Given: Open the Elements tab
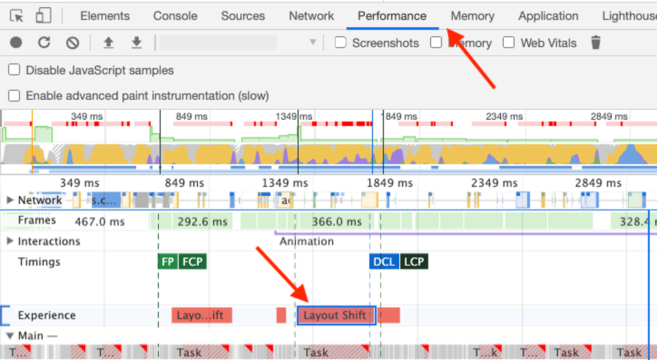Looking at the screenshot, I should click(105, 16).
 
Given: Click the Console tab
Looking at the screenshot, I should click(175, 16).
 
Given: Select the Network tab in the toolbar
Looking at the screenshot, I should click(311, 16).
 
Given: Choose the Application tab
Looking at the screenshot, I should click(548, 16).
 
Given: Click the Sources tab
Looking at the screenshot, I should click(243, 16).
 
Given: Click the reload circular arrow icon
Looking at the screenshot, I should click(44, 43).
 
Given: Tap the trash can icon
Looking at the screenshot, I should click(596, 43).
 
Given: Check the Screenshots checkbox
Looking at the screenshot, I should click(340, 43).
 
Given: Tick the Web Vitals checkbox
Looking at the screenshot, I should click(509, 43).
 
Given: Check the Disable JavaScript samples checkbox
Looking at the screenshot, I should click(15, 70).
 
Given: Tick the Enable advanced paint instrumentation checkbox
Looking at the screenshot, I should click(15, 96).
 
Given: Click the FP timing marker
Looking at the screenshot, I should click(167, 262).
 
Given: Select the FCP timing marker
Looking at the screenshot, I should click(192, 262).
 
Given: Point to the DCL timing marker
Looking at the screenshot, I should click(384, 262).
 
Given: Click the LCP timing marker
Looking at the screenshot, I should click(414, 262).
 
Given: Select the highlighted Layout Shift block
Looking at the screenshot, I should click(336, 315).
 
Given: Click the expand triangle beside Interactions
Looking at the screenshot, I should click(10, 241).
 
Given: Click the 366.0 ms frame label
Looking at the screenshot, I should click(337, 222).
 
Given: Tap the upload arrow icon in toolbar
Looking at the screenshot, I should click(108, 43).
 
